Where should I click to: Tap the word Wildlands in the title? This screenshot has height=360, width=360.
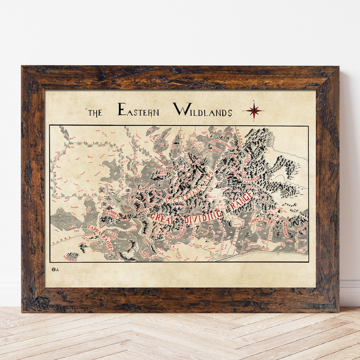coord(202,110)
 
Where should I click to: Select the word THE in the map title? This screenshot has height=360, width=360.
coord(95,113)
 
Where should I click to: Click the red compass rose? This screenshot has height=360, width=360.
coord(254,110)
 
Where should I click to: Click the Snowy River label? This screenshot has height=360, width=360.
coord(262,222)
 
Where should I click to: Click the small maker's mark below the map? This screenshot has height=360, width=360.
coord(55,269)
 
